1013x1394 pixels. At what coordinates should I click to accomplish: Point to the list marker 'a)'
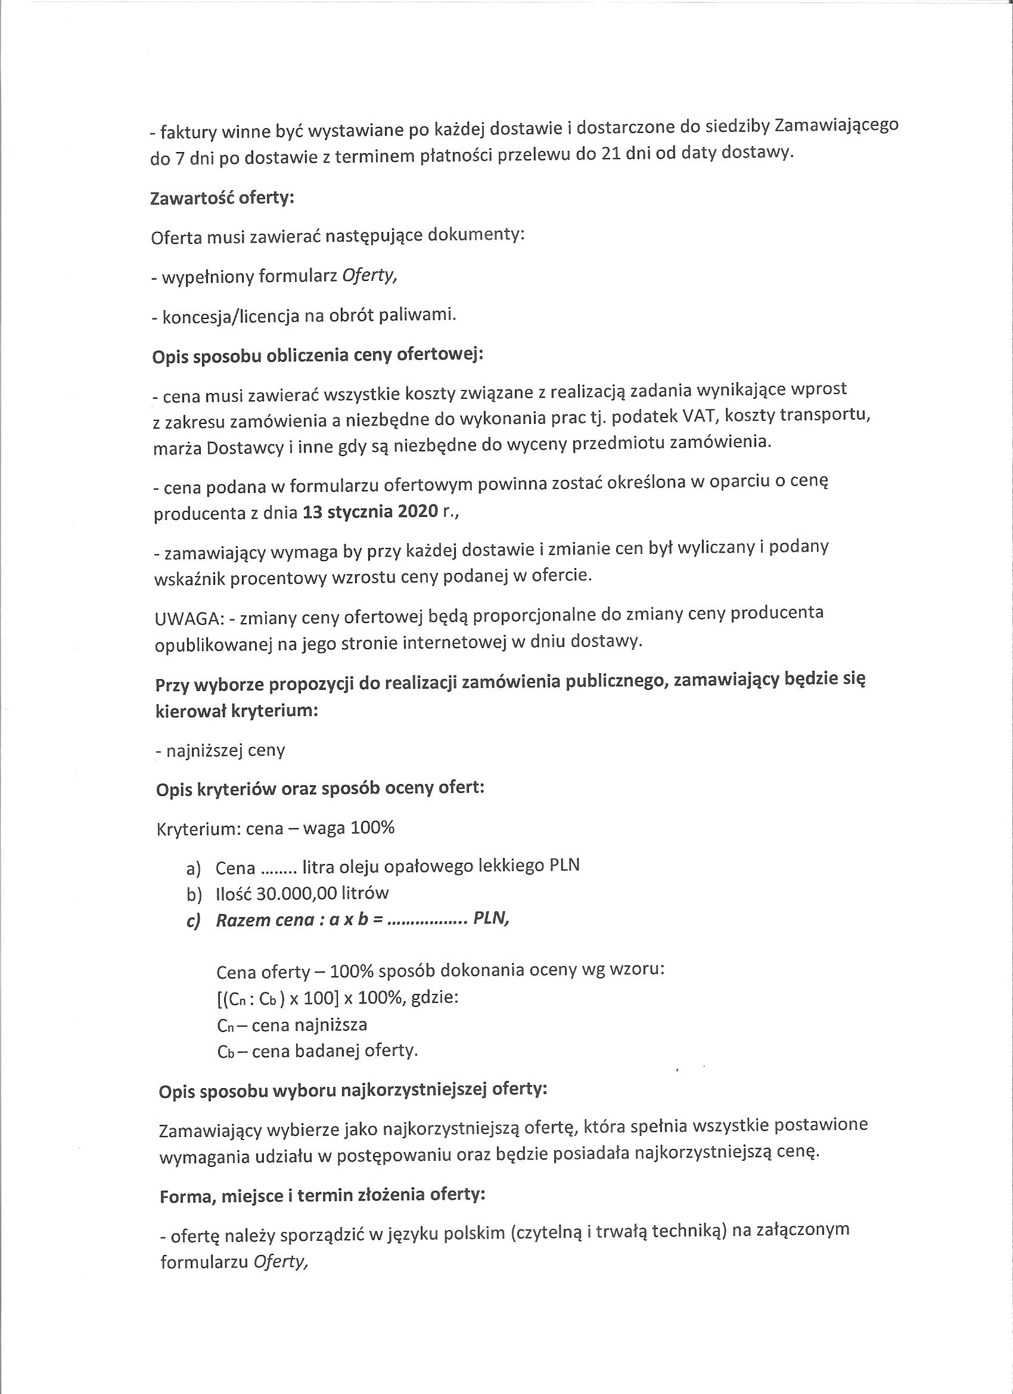(194, 869)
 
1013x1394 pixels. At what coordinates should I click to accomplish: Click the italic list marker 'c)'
(194, 920)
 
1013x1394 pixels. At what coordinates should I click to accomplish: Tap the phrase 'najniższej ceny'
(225, 750)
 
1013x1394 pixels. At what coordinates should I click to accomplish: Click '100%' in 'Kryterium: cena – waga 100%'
(372, 828)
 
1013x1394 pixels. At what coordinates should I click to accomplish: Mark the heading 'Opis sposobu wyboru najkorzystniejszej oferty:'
(353, 1091)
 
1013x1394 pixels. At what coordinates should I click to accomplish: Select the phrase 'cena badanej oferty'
(334, 1051)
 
